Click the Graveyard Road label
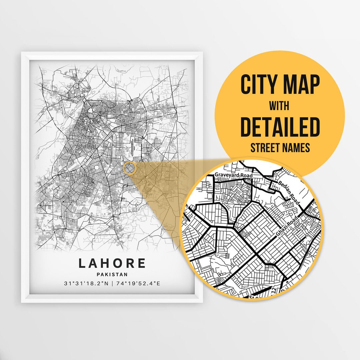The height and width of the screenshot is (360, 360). (234, 175)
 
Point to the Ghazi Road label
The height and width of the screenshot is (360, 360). (286, 228)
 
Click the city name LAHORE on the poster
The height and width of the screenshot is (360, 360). (112, 263)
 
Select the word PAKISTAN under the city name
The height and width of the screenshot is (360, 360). (112, 275)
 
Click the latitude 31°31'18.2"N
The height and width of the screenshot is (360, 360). (86, 284)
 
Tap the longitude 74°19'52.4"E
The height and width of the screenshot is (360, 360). (138, 284)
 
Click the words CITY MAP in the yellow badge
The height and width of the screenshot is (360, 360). (280, 85)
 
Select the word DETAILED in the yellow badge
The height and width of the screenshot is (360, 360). (280, 127)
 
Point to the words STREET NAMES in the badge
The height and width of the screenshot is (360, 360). (280, 148)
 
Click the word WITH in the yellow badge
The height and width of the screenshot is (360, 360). (280, 106)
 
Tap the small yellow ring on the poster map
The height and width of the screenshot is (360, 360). (130, 168)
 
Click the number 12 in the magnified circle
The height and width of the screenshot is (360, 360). (274, 290)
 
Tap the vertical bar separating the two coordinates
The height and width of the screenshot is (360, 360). (112, 284)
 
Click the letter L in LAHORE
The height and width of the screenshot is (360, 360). (82, 263)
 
